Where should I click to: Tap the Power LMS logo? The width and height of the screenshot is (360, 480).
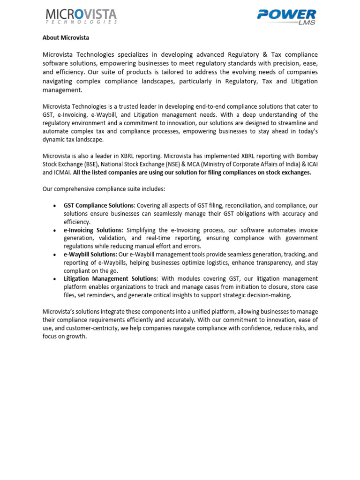[286, 16]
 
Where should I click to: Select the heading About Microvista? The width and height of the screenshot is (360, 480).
[66, 37]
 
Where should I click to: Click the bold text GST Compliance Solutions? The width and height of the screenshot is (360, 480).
[99, 205]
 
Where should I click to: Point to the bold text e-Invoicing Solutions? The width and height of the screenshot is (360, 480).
[92, 230]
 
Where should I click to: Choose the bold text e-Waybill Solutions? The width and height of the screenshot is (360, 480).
[90, 255]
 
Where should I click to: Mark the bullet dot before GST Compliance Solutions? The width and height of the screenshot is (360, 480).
[55, 206]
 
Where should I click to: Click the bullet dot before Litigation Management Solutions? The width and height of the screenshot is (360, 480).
[55, 279]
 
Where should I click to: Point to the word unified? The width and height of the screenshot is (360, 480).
[206, 312]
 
